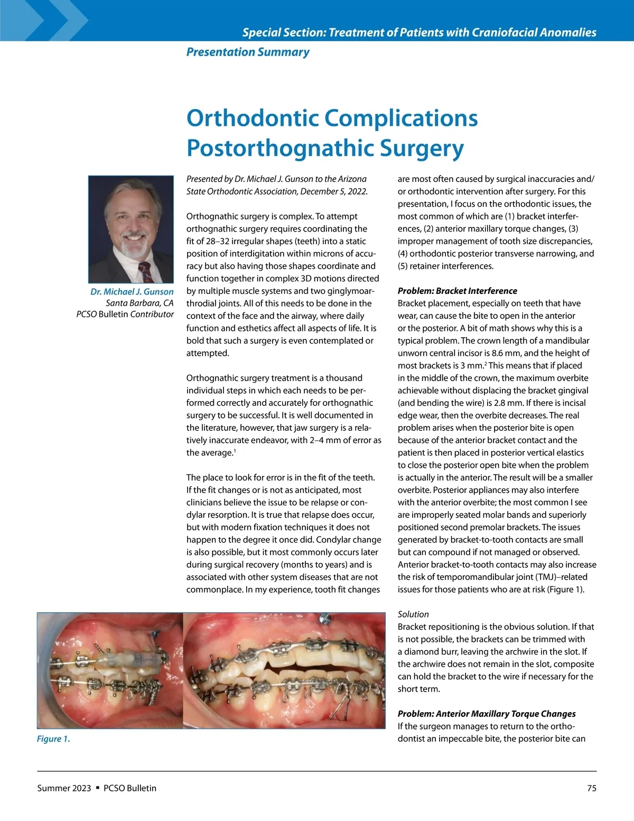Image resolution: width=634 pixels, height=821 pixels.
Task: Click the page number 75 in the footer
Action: tap(592, 788)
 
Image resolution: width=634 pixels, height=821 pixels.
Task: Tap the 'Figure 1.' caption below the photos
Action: tap(53, 739)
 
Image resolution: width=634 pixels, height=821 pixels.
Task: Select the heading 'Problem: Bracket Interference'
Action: tap(457, 291)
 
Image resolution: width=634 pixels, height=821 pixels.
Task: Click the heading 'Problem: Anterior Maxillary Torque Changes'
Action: tap(487, 714)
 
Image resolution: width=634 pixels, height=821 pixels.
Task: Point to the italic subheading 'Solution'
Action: tap(413, 614)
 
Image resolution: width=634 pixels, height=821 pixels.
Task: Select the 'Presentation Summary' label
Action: tap(248, 52)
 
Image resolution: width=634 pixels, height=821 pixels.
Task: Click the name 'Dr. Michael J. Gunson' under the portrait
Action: tap(132, 292)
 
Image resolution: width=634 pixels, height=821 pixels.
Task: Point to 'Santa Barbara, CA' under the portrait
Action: tap(139, 303)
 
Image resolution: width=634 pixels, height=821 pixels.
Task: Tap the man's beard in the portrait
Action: tap(131, 245)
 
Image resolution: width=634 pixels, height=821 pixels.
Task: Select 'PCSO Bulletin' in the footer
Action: tap(130, 788)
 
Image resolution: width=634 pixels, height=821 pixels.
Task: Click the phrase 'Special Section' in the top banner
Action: tap(282, 32)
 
